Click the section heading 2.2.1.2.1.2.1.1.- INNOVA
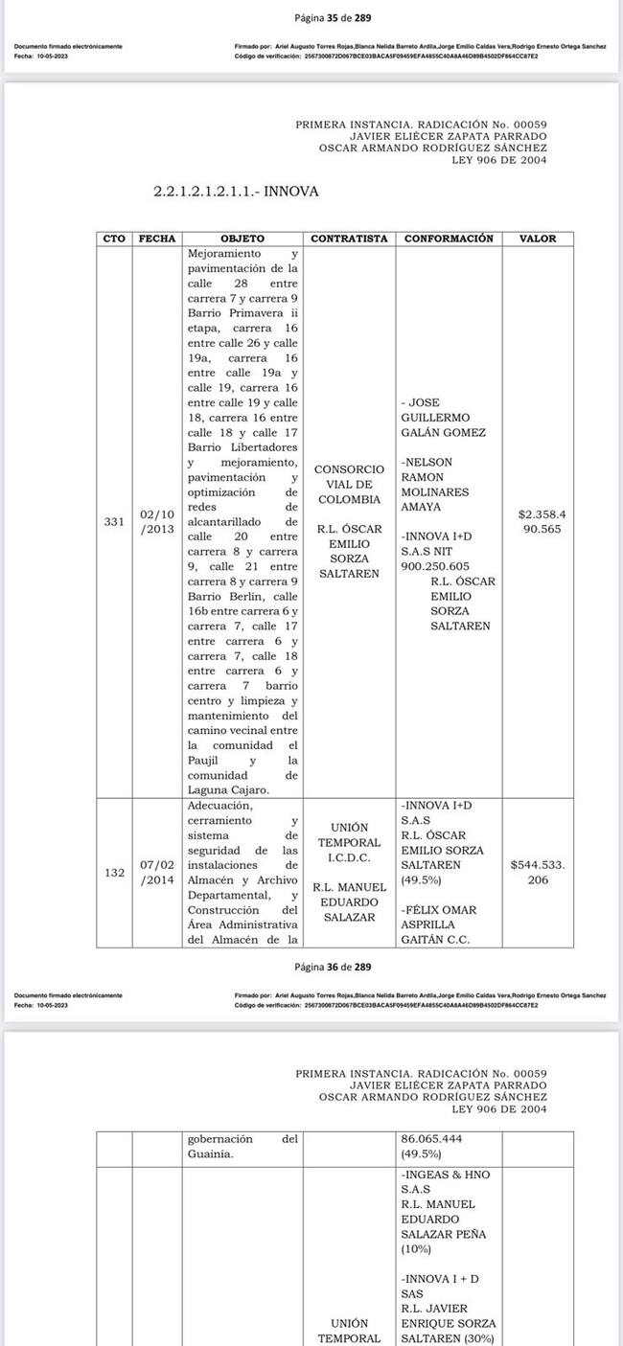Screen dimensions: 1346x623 236,192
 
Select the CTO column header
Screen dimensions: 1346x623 114,239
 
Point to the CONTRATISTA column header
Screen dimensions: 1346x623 349,239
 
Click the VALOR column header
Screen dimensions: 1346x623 538,239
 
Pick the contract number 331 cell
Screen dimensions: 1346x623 114,522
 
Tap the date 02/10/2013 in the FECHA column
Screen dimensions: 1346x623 157,522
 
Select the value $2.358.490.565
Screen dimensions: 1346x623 542,521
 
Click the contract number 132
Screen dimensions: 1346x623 114,873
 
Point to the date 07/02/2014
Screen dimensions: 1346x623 157,873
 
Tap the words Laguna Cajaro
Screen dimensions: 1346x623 228,789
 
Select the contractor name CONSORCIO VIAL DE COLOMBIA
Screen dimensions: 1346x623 349,485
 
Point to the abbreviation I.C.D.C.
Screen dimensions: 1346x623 349,857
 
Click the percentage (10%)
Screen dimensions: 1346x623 417,1249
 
